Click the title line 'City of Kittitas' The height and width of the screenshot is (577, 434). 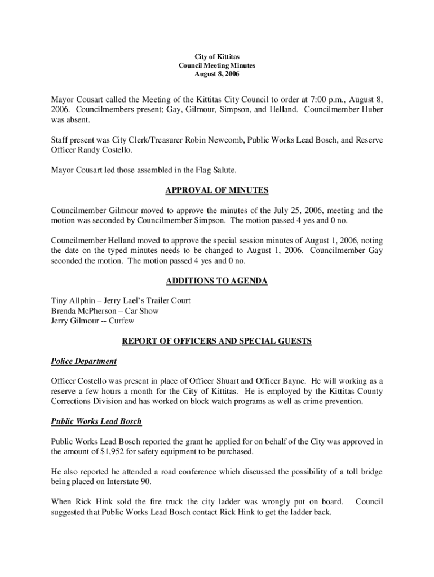(217, 57)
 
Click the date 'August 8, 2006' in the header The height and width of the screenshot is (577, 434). (217, 74)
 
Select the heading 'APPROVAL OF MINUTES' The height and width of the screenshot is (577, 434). (217, 190)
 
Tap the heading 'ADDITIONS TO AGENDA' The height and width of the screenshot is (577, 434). (217, 281)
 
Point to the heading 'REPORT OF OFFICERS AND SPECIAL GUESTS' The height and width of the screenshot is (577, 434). (217, 341)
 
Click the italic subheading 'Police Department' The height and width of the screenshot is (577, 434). (84, 361)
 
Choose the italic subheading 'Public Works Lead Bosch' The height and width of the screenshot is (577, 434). (96, 421)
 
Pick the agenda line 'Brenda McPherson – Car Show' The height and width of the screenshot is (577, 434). (105, 311)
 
